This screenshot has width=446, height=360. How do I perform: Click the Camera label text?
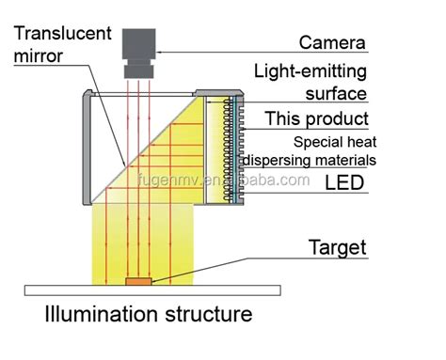tap(332, 42)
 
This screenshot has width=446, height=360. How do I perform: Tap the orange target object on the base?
tap(137, 280)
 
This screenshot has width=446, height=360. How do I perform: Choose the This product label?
tap(316, 119)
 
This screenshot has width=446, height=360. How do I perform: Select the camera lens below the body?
tap(138, 69)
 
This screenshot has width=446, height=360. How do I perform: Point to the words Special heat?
tap(336, 142)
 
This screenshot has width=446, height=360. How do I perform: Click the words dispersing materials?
tap(311, 160)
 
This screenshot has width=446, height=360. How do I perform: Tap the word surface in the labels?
tap(335, 93)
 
